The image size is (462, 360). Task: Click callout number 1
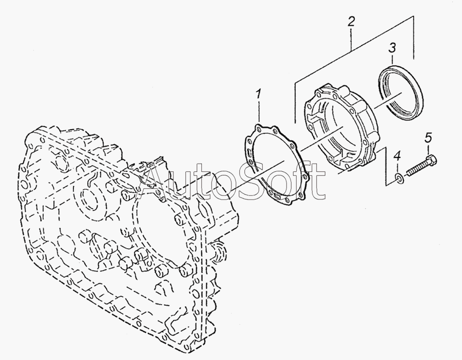258,94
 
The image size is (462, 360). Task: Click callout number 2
351,22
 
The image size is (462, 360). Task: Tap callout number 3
392,48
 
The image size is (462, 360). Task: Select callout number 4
397,156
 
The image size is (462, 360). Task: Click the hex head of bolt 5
431,161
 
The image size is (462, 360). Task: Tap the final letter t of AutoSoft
320,181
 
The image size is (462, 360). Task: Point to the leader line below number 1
260,111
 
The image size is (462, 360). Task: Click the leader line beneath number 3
393,59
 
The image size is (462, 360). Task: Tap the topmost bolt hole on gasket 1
258,127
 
